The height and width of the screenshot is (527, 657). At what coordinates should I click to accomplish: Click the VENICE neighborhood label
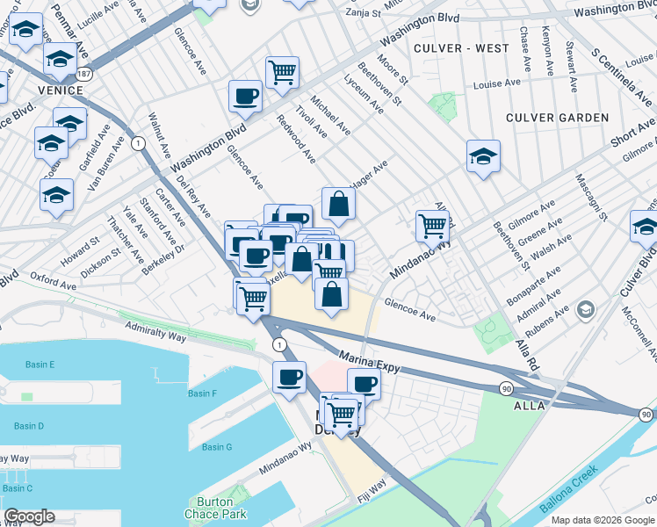coord(59,90)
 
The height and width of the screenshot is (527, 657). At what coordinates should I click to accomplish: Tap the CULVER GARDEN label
coord(557,118)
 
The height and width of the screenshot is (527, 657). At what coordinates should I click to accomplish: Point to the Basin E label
coord(40,365)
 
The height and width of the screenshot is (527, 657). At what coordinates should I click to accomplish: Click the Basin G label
coord(217,447)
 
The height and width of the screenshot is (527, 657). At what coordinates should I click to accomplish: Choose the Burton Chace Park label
coord(215,514)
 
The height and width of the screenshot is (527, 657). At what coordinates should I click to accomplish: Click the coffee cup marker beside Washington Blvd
coord(245,95)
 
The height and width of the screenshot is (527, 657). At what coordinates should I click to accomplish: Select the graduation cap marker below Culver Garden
coord(483,156)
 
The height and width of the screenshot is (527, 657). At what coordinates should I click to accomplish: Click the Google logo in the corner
coord(29,516)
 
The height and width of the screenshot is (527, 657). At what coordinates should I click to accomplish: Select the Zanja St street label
coord(363,13)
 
